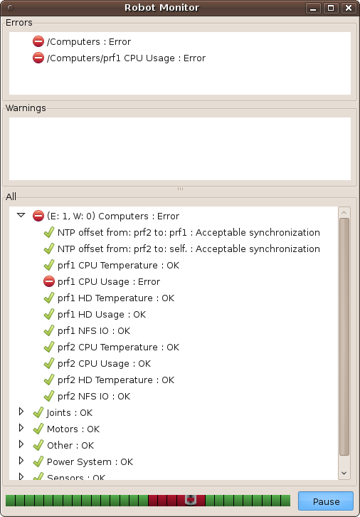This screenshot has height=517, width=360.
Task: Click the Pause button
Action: [325, 501]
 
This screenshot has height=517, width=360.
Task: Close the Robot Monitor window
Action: [349, 8]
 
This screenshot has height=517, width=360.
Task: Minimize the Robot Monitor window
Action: [313, 8]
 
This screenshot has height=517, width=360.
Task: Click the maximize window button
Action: [331, 8]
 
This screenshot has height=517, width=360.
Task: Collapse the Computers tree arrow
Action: [21, 215]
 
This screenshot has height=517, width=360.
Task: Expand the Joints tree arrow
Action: [21, 412]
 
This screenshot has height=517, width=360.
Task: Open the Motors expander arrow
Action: [21, 428]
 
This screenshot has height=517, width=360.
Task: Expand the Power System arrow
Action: [21, 461]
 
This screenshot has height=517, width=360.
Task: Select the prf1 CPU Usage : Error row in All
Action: [109, 281]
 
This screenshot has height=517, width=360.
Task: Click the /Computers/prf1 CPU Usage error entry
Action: [126, 58]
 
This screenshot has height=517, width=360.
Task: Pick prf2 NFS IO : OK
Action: [94, 396]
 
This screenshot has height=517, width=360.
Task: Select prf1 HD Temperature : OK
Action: [116, 298]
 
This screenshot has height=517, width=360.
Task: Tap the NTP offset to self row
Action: [189, 249]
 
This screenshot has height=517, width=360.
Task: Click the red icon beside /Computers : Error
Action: [38, 41]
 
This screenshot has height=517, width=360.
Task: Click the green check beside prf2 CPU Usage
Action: [49, 363]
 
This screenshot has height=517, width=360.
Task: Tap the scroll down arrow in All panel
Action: [344, 473]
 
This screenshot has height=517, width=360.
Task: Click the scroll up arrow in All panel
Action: [344, 213]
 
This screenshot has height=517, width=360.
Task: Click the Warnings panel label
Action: [26, 108]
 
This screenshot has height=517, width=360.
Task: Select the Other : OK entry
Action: [70, 446]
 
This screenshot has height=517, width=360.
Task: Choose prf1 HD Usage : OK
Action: [102, 315]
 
